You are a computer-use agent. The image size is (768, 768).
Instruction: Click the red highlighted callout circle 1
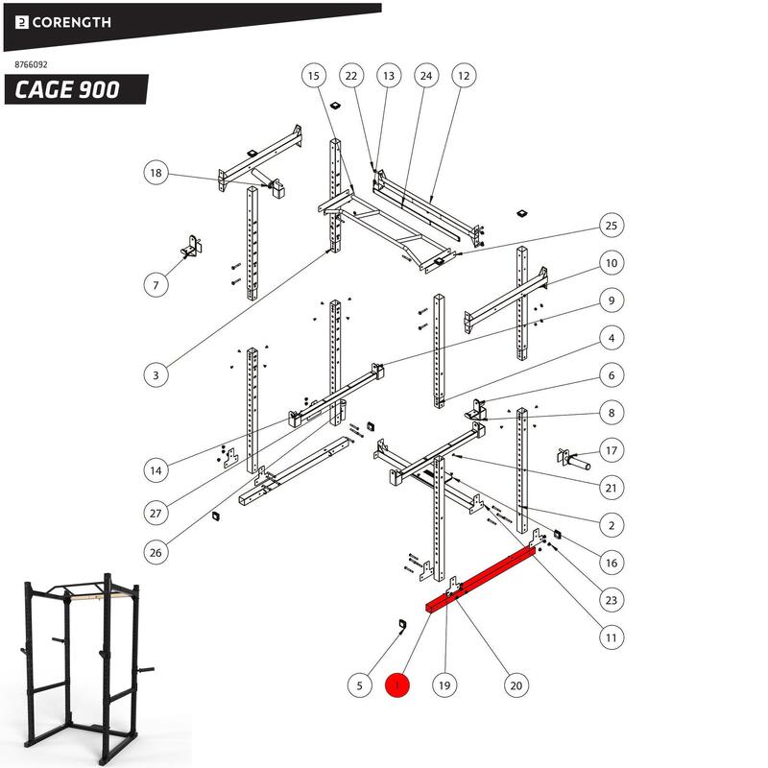[x=397, y=685]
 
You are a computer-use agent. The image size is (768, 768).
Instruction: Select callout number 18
[x=156, y=174]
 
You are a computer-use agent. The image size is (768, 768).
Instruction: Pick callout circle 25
[x=610, y=226]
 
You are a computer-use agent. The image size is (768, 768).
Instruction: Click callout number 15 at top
[x=314, y=75]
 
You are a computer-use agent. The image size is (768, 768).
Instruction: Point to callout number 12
[x=464, y=75]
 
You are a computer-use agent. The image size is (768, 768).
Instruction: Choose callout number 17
[x=610, y=450]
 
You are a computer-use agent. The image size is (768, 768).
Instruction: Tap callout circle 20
[x=516, y=685]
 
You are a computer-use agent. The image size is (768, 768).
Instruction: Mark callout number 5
[x=359, y=685]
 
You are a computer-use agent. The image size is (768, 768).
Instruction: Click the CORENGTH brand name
[x=72, y=22]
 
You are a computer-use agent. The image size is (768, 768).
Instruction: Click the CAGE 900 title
[x=67, y=90]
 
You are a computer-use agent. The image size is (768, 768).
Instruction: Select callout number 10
[x=610, y=262]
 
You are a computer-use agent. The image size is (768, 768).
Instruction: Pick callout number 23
[x=610, y=600]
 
